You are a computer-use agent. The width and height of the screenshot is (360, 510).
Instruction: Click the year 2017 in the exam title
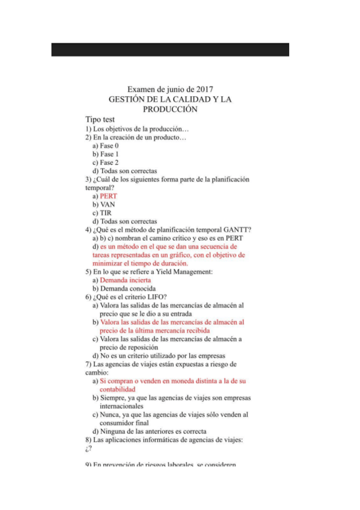[x=203, y=89]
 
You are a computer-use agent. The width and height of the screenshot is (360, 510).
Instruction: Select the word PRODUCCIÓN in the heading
[x=170, y=109]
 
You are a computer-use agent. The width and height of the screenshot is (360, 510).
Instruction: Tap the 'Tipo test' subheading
[x=100, y=120]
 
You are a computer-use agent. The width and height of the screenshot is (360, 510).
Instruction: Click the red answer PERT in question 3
[x=108, y=196]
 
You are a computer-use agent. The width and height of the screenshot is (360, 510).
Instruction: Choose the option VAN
[x=108, y=204]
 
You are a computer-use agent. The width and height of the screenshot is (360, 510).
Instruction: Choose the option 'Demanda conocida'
[x=127, y=289]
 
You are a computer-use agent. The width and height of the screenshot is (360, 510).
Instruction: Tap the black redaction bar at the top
[x=170, y=49]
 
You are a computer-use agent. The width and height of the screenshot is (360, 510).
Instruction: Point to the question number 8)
[x=88, y=440]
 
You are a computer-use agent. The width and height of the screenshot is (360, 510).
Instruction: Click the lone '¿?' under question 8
[x=88, y=449]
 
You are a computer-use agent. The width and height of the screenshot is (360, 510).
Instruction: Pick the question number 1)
[x=88, y=129]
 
